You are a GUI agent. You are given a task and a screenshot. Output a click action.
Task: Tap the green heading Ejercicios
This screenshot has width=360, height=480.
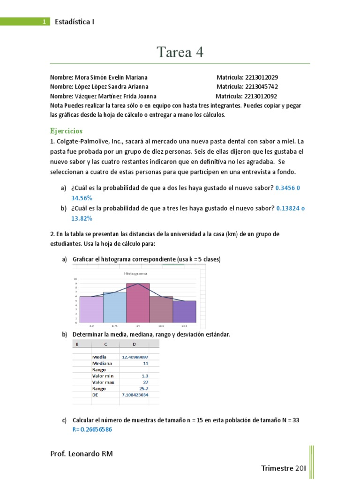tap(66, 131)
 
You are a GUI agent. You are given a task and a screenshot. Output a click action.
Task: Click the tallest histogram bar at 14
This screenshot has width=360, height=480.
tap(138, 303)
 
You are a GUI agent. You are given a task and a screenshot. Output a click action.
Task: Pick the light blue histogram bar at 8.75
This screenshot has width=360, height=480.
tap(114, 307)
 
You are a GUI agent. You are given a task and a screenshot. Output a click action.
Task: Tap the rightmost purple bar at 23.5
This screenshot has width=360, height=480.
tap(184, 312)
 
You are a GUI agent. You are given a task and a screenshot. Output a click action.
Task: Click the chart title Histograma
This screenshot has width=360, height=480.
tap(135, 273)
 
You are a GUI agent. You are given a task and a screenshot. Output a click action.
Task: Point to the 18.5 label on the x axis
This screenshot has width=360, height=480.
tap(161, 325)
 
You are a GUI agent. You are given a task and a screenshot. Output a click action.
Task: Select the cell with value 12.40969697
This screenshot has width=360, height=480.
tap(135, 357)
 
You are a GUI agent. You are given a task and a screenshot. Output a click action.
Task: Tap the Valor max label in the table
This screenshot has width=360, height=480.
tap(104, 382)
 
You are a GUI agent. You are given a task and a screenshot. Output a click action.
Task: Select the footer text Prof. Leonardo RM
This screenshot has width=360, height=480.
tap(81, 454)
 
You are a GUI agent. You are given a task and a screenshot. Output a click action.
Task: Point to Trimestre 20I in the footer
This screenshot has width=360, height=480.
tap(283, 468)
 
